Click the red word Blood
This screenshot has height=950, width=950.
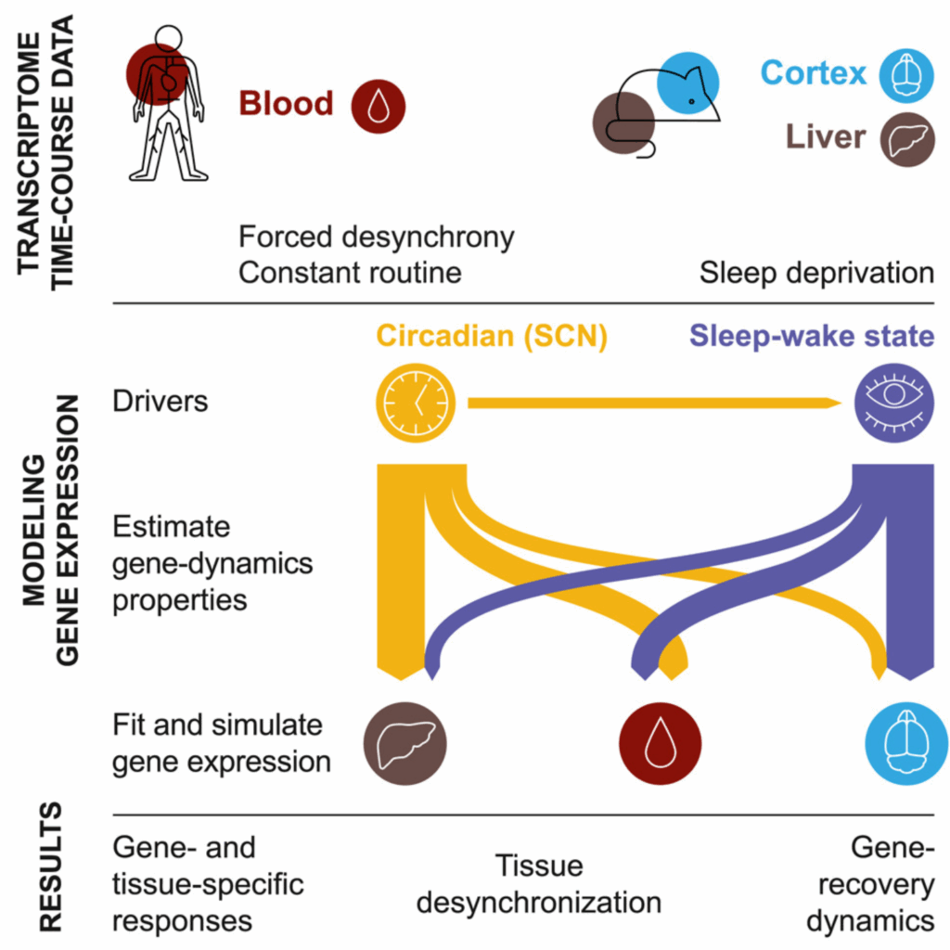coord(286,103)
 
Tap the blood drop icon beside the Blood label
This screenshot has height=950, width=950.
coord(379,106)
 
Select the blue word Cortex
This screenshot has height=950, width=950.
coord(813,72)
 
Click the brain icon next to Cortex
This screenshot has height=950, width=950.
coord(907,75)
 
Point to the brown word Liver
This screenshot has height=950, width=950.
coord(825,136)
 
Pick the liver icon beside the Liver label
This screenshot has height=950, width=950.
coord(907,139)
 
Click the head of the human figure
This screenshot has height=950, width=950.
coord(168,39)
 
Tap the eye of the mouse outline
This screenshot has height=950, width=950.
coord(691,102)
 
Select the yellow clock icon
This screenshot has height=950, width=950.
coord(416,403)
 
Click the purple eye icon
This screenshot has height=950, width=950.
coord(894,403)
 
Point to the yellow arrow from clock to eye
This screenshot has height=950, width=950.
coord(654,403)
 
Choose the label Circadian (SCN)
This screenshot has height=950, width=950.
coord(492,336)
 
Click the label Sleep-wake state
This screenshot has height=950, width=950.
coord(812,336)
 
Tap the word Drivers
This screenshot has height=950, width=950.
coord(160,401)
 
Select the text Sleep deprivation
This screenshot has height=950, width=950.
coord(816,273)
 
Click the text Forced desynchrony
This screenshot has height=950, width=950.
coord(377,237)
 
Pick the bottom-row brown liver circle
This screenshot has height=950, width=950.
coord(404,743)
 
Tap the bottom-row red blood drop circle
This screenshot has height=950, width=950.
coord(660,743)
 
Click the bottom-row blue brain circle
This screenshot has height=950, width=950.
coord(907,743)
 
